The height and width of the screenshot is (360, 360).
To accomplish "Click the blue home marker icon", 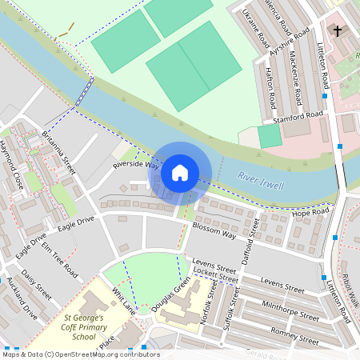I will (x=180, y=173).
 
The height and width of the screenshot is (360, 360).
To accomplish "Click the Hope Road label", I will (x=310, y=213).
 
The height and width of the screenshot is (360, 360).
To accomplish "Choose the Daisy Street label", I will (x=37, y=283).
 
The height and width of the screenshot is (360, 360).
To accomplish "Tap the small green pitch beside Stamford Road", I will (x=270, y=136).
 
